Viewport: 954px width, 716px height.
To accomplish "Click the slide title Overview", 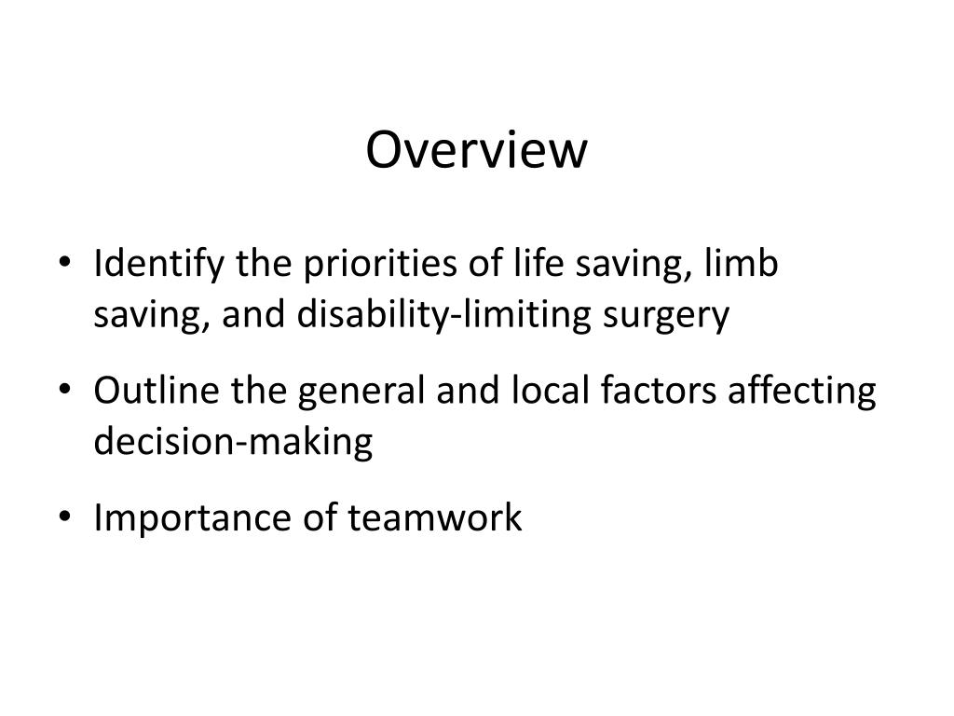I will coord(477,150).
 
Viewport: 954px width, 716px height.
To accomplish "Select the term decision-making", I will coord(233,442).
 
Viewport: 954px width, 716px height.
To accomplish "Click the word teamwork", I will coord(435,517).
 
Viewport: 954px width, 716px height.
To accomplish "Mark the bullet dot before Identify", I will coord(74,267).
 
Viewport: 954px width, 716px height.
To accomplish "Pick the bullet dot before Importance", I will coord(74,518).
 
